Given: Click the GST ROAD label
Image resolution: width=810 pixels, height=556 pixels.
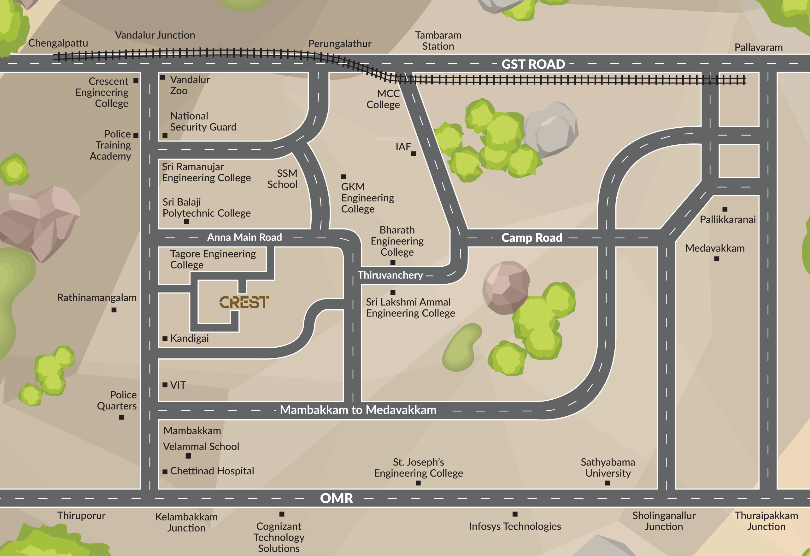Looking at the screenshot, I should tap(533, 64).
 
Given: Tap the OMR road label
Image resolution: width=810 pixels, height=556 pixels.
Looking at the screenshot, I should tap(336, 498).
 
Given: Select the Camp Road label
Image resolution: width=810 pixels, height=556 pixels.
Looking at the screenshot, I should tap(531, 238).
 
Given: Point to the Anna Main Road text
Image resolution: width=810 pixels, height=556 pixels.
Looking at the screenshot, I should tap(244, 237).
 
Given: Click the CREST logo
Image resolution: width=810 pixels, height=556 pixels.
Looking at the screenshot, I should tap(244, 302).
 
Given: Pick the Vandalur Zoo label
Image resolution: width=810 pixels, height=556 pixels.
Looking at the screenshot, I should tap(190, 85).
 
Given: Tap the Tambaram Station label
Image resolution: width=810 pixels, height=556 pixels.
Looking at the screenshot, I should tap(438, 41).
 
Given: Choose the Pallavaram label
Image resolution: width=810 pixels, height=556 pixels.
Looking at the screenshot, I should tap(758, 47).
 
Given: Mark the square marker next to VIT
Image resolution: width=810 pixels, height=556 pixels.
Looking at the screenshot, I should tap(165, 385).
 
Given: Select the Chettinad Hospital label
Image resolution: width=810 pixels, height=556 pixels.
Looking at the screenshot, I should tap(212, 471).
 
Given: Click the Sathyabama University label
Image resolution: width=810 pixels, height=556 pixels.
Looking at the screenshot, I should tap(608, 467).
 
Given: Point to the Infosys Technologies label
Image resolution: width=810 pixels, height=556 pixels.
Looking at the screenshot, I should tap(515, 526).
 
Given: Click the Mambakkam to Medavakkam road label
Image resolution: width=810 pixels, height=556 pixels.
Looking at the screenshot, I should tap(358, 410).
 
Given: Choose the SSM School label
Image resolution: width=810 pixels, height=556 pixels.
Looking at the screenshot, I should tap(282, 179).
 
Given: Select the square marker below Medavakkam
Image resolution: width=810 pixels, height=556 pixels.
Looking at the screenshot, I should tap(717, 259).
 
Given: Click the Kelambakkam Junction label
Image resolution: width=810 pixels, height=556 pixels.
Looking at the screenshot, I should tap(186, 522).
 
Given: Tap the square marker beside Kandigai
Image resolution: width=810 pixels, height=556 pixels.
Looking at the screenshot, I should tap(165, 339).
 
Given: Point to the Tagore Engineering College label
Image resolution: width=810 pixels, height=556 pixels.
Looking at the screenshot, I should tap(213, 259).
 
